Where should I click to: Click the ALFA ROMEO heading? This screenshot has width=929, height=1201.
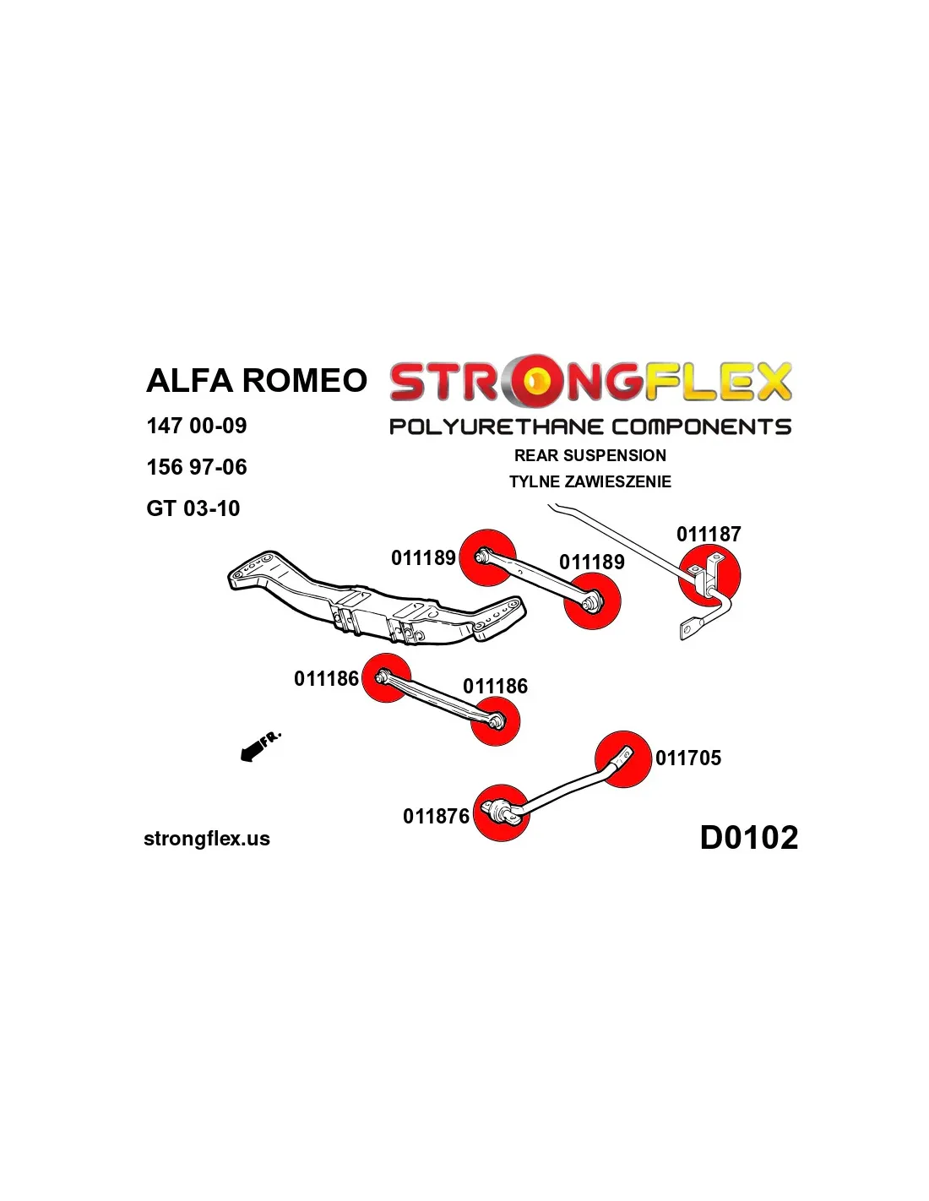point(257,381)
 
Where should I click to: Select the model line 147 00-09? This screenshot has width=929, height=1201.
point(197,426)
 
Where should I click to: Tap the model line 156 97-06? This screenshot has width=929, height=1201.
point(197,467)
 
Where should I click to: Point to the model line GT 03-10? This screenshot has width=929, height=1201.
point(193,508)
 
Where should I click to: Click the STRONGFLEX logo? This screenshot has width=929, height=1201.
point(590,382)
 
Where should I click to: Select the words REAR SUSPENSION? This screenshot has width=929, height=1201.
point(590,455)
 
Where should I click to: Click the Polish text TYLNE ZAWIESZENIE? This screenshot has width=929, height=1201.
point(590,481)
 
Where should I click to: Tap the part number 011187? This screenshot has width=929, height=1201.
point(709,534)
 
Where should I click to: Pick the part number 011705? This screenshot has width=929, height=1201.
point(688,758)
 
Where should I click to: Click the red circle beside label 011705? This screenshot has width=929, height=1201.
point(623,758)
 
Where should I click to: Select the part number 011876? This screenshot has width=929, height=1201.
point(436,816)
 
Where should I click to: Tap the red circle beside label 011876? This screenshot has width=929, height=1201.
point(502,812)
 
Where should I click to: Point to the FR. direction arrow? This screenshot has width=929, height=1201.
point(259,746)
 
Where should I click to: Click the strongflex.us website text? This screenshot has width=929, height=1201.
point(207,839)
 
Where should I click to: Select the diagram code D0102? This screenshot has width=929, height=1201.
point(749,838)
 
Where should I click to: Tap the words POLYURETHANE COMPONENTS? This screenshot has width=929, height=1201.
point(590,427)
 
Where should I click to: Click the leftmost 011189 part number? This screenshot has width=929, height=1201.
point(423,557)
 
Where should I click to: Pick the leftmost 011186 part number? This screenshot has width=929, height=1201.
point(326,678)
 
